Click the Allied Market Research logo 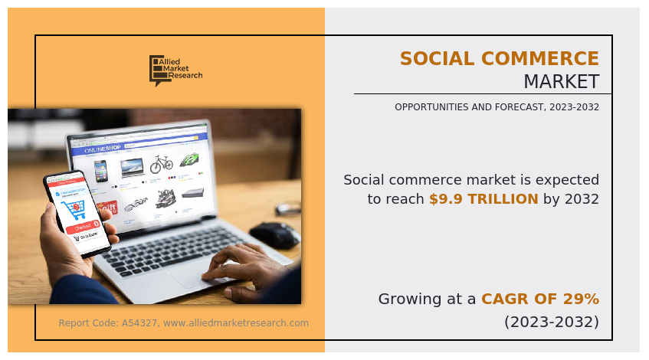175,70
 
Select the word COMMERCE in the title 542,59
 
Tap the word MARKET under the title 561,81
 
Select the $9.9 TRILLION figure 483,199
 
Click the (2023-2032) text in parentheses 551,322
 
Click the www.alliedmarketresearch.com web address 236,323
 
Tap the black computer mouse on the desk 274,234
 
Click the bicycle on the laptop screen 161,164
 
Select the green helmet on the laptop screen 189,159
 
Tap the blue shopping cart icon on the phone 76,208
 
